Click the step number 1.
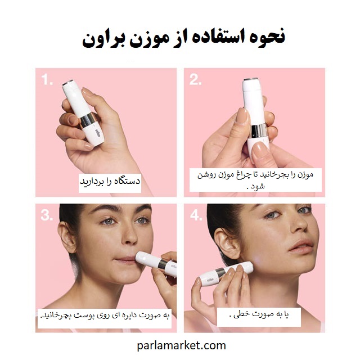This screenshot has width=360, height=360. click(x=47, y=80)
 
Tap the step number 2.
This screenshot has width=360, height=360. click(x=195, y=80)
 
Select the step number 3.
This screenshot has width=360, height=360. click(x=47, y=215)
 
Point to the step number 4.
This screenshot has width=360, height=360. click(x=196, y=215)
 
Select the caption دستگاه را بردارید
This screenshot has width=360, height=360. click(x=110, y=181)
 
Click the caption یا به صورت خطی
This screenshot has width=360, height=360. click(x=259, y=315)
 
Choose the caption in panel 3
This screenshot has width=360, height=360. click(x=105, y=316)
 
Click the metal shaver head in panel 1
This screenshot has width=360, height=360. click(x=67, y=83)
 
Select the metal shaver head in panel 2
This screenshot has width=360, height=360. click(x=250, y=79)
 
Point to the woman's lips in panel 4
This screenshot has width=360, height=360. click(x=301, y=246)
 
